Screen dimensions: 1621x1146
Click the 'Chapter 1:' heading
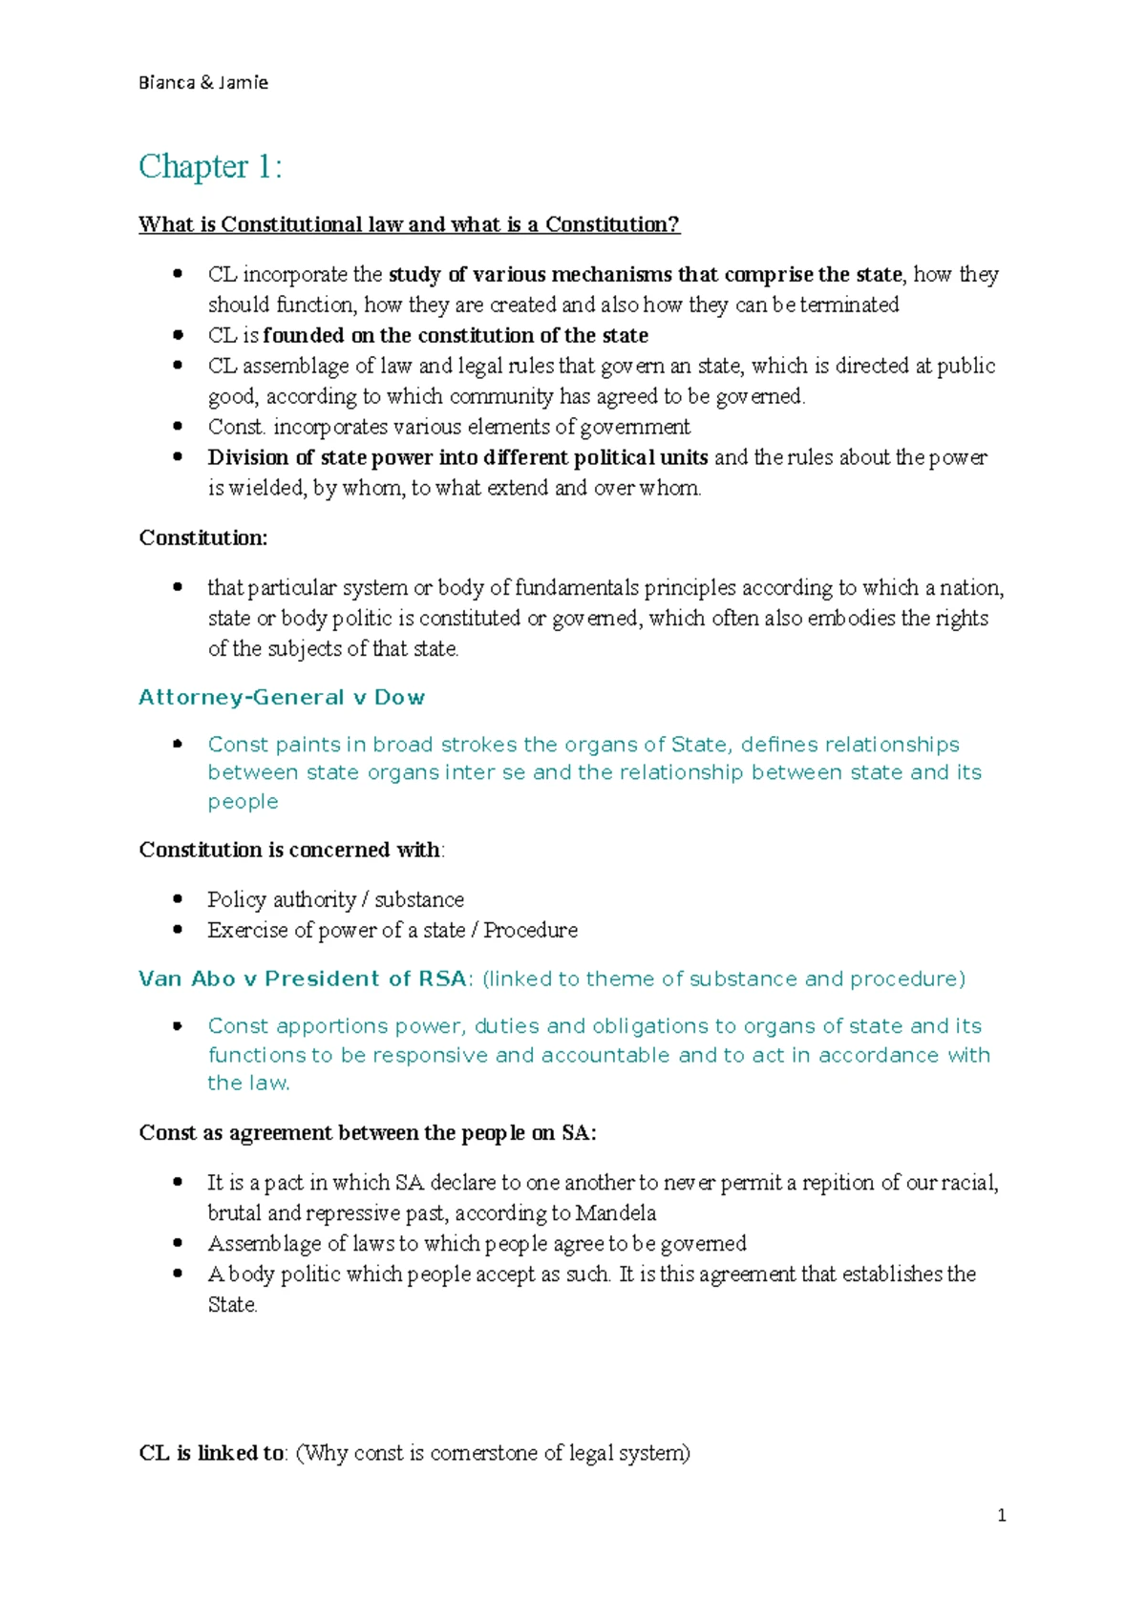coord(210,167)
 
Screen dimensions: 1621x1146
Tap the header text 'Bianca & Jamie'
coord(202,83)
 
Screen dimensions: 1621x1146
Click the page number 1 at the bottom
coord(1001,1515)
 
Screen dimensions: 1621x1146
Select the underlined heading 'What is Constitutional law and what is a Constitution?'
coord(409,225)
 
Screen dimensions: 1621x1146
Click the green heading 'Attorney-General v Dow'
coord(282,698)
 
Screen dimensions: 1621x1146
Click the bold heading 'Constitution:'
coord(203,538)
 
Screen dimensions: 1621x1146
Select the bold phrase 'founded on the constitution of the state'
coord(456,336)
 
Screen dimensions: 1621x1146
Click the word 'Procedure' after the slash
coord(531,931)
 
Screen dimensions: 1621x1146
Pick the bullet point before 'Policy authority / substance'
coord(178,899)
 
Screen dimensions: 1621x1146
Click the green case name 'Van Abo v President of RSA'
coord(303,979)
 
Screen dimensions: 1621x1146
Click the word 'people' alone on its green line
coord(243,802)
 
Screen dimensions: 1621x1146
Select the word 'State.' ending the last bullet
coord(232,1305)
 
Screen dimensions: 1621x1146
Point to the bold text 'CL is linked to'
coord(212,1453)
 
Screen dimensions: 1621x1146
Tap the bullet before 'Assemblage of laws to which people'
coord(178,1243)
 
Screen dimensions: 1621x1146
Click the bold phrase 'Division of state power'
coord(320,458)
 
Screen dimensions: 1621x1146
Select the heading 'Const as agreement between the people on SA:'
coord(368,1133)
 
